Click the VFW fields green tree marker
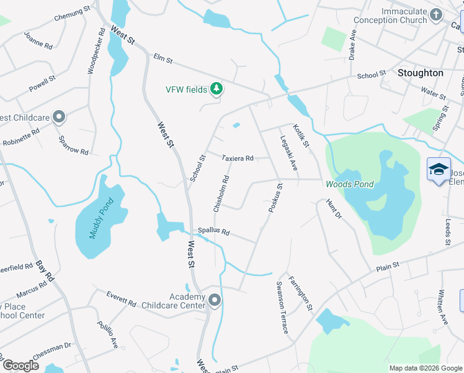[216, 90]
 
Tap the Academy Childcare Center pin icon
[215, 301]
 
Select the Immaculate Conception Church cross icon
[436, 14]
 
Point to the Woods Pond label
[350, 184]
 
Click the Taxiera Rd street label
[238, 159]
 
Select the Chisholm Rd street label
[221, 193]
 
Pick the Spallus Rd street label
[213, 231]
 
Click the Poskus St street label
[275, 198]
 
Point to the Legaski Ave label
[289, 154]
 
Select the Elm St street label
[163, 60]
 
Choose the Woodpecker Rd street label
[96, 51]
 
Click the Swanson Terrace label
[282, 306]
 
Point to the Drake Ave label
[352, 44]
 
